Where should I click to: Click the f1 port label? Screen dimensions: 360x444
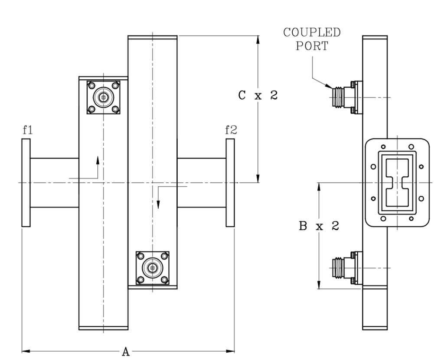[26, 130]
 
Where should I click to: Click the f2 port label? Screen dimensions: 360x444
[230, 130]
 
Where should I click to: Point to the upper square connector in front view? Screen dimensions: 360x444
[103, 98]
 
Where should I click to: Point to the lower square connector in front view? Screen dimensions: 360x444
[152, 268]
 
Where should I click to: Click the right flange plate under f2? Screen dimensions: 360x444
[230, 182]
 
